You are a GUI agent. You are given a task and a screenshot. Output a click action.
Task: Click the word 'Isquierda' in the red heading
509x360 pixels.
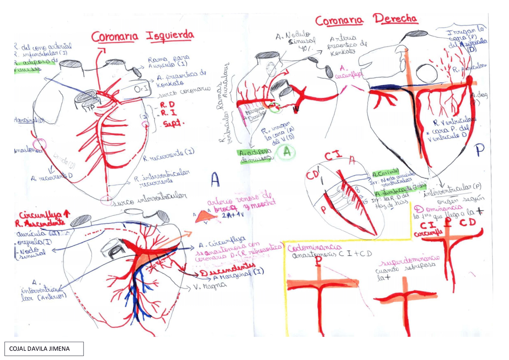(x=170, y=36)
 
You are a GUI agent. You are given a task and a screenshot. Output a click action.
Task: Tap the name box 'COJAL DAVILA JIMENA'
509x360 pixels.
(x=44, y=349)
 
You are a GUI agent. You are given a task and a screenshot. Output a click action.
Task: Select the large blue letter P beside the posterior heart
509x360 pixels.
(x=480, y=150)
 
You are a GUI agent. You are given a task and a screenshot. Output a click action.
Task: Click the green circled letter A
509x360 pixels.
(x=288, y=152)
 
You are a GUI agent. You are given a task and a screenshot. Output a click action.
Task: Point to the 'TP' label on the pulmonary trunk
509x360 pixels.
(x=91, y=107)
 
